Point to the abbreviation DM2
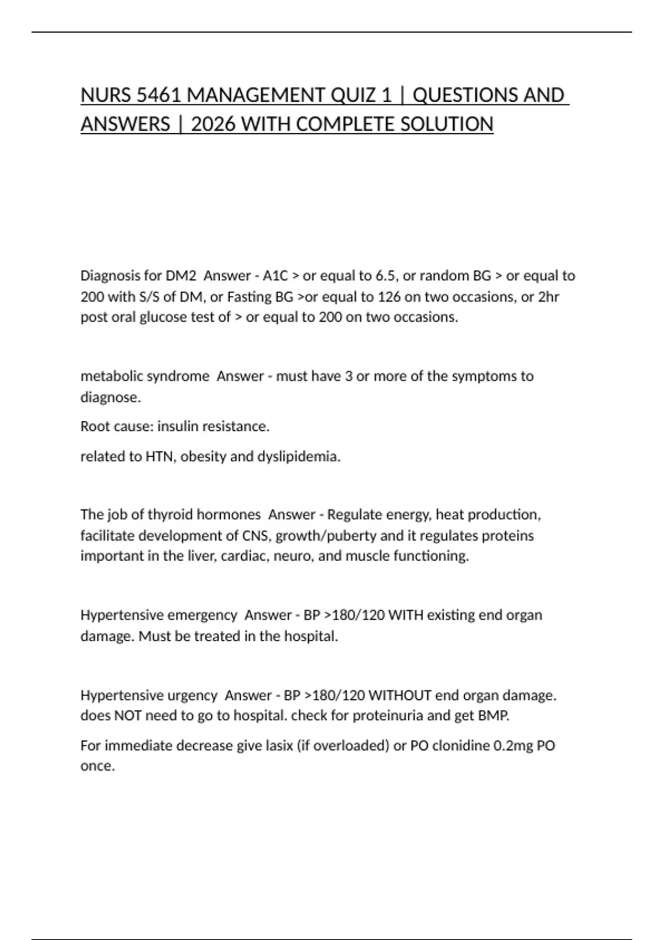click(x=181, y=275)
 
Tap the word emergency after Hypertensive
click(x=201, y=615)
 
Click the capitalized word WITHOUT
click(x=400, y=695)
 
